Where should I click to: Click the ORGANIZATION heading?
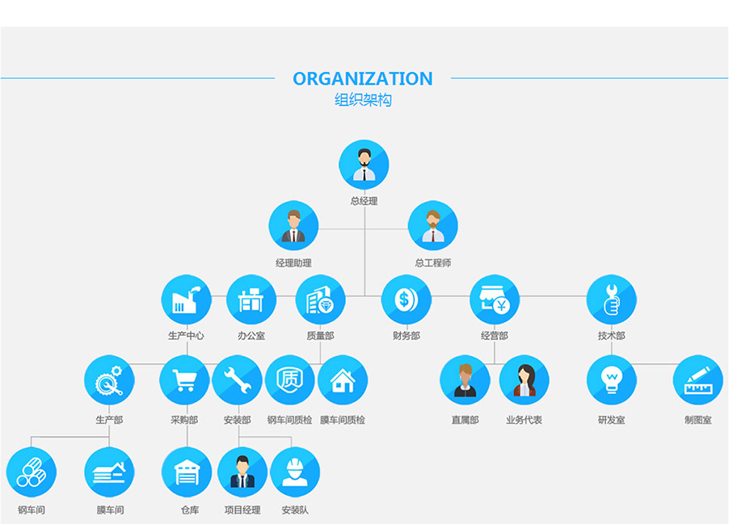[x=363, y=78]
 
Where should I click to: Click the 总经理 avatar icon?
[x=364, y=165]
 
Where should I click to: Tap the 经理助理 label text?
[x=293, y=263]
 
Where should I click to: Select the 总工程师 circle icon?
[x=433, y=226]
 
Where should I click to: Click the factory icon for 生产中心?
[x=187, y=300]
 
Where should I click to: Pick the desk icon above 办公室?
[x=251, y=300]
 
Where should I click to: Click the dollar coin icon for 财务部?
[x=406, y=300]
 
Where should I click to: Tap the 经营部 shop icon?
[x=494, y=300]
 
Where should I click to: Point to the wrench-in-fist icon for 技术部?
[x=611, y=300]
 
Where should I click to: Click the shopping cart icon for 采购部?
[x=184, y=380]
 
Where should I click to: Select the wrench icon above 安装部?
[x=237, y=380]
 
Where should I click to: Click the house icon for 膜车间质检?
[x=343, y=380]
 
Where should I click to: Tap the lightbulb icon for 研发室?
[x=611, y=380]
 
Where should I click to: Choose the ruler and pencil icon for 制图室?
[x=697, y=380]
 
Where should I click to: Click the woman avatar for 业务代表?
[x=524, y=380]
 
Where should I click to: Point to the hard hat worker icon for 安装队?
[x=295, y=472]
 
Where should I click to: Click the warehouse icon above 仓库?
[x=187, y=472]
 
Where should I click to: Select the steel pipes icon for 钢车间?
[x=32, y=472]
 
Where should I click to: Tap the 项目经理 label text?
[x=242, y=510]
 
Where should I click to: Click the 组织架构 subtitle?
[x=363, y=100]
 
